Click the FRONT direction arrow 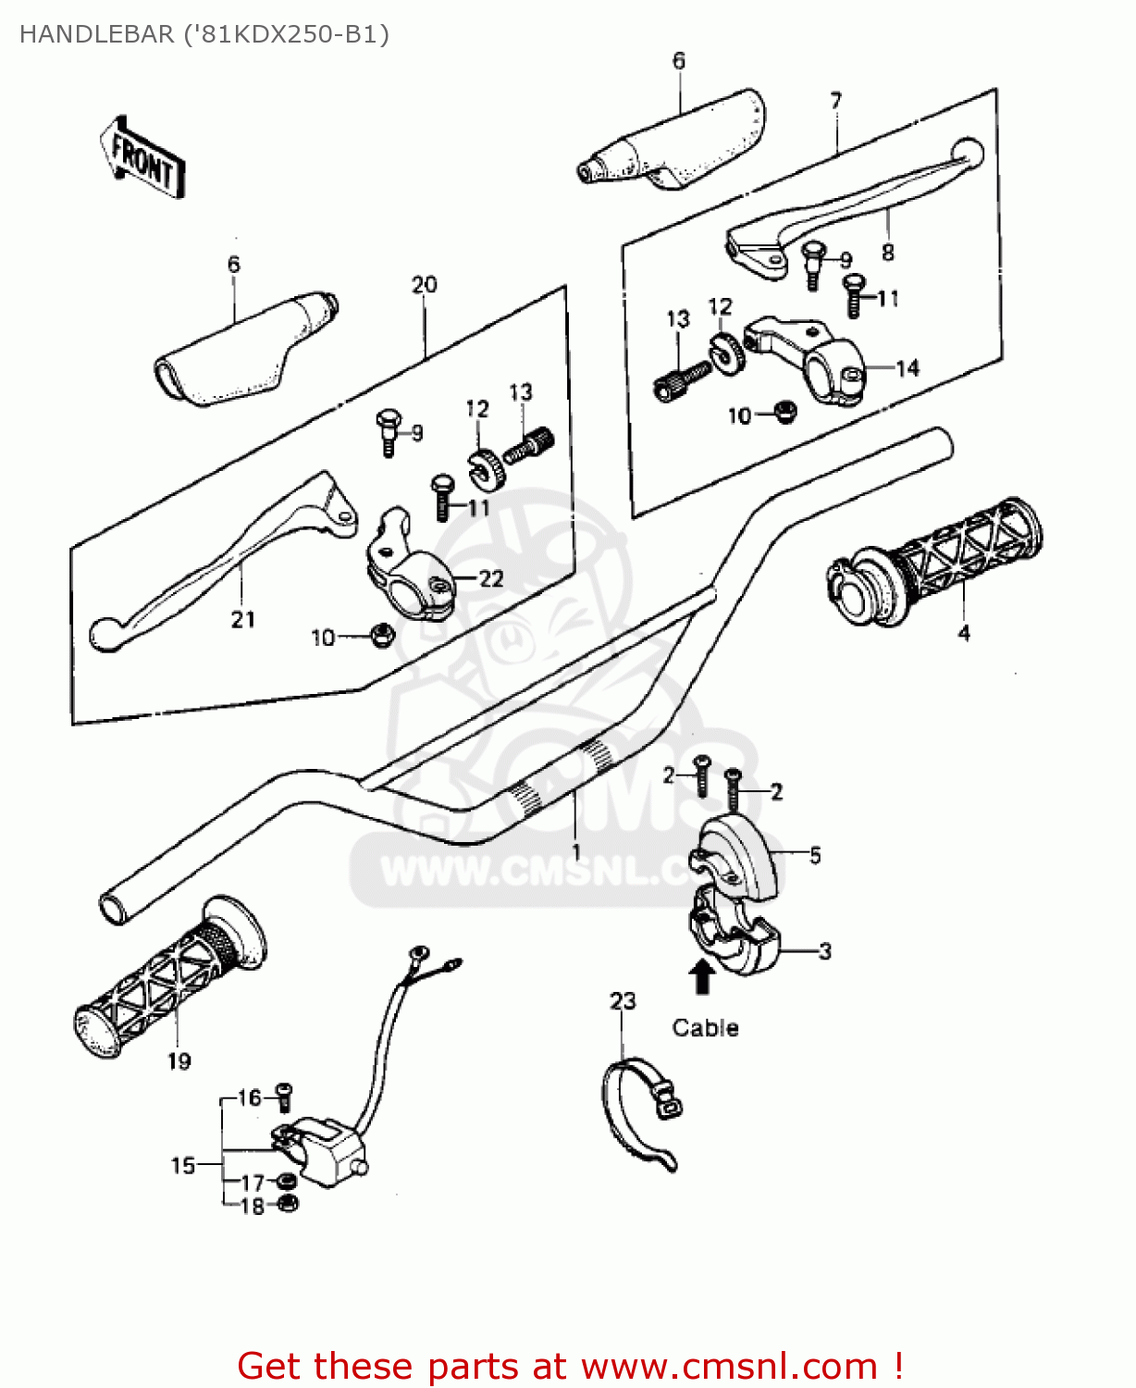coord(142,157)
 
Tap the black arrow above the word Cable coord(702,976)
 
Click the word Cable coord(705,1028)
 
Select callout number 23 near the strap coord(623,1001)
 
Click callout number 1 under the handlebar coord(576,851)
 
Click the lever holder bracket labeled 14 coord(814,361)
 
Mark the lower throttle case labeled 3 coord(735,935)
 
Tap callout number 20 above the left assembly coord(424,285)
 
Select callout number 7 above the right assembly coord(836,101)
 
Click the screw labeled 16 coord(284,1097)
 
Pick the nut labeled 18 coord(288,1204)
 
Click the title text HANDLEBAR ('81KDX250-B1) coord(204,34)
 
